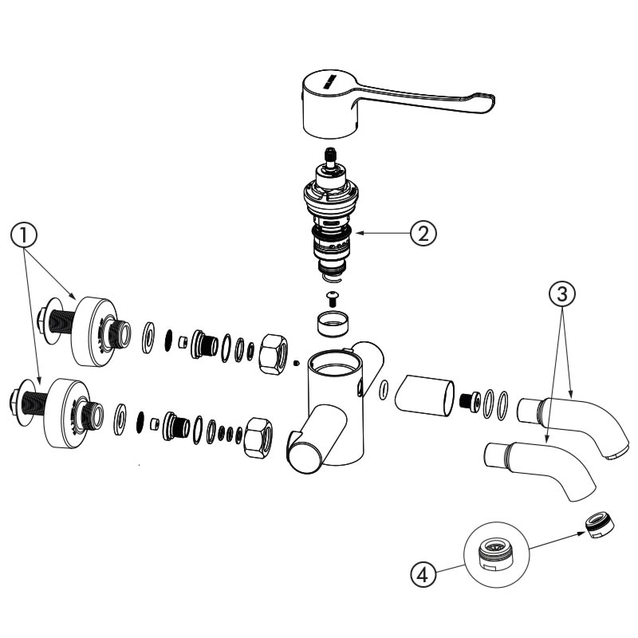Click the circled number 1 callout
(24, 234)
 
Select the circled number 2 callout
(423, 233)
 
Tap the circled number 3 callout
(562, 293)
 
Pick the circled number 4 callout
(423, 575)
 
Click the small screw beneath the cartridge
(333, 299)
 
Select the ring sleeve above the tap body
(333, 324)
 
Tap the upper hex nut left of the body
(274, 354)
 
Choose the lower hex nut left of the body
(258, 438)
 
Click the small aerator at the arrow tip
(601, 526)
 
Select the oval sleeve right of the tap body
(424, 396)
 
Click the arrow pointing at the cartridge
(383, 233)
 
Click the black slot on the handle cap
(329, 81)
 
